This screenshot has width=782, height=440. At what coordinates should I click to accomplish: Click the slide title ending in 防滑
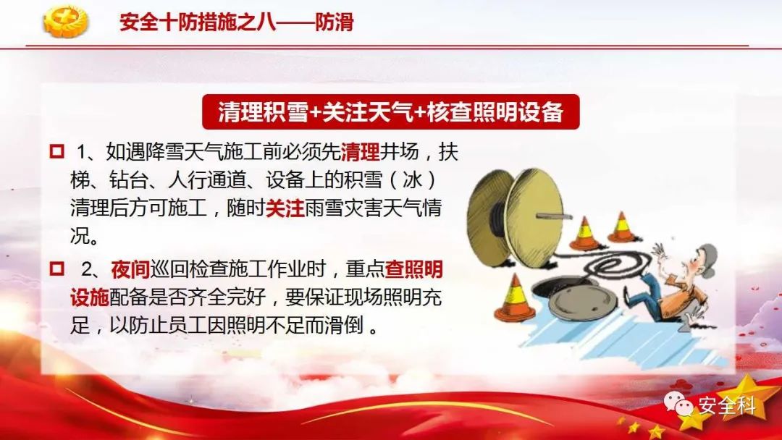click(236, 22)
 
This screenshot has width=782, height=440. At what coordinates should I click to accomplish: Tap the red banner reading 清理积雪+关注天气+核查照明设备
click(390, 111)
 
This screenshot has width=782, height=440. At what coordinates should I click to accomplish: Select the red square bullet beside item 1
click(57, 151)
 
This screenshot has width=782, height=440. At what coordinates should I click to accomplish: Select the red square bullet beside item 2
click(57, 268)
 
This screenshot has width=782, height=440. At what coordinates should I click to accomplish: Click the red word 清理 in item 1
click(360, 151)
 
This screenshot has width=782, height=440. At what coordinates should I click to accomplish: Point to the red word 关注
click(285, 208)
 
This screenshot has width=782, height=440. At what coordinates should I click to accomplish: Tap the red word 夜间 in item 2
click(130, 269)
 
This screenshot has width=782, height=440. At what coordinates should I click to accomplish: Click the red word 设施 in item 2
click(89, 297)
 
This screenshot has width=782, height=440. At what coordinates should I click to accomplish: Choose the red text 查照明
click(414, 269)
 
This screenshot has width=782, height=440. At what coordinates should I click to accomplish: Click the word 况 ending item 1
click(80, 235)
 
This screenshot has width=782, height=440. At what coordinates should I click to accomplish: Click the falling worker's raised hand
click(660, 250)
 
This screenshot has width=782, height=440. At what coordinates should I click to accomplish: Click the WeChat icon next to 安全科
click(678, 403)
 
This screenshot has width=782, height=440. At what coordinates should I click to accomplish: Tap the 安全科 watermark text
click(727, 405)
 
